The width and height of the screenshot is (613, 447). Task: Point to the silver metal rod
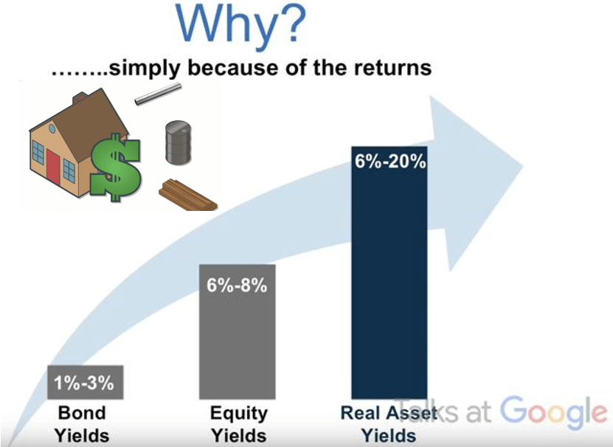click(x=158, y=94)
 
